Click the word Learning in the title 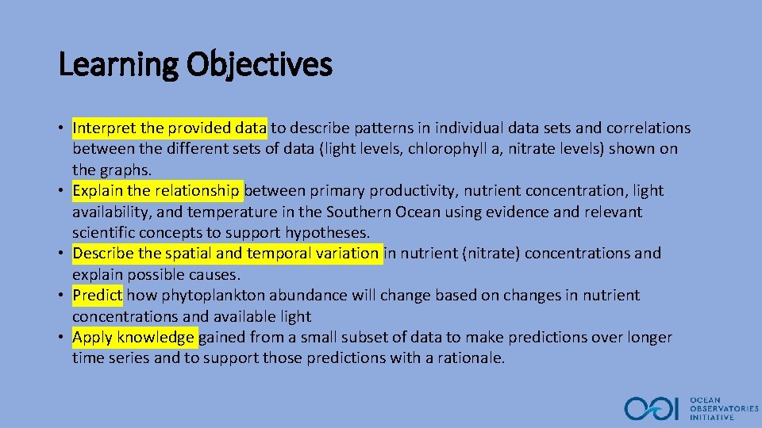click(x=119, y=65)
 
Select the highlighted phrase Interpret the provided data click(x=170, y=128)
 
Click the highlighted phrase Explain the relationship click(x=156, y=190)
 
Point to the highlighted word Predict click(x=98, y=295)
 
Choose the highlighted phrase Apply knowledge click(x=133, y=338)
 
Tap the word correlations click(x=648, y=128)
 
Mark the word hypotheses click(x=332, y=232)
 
